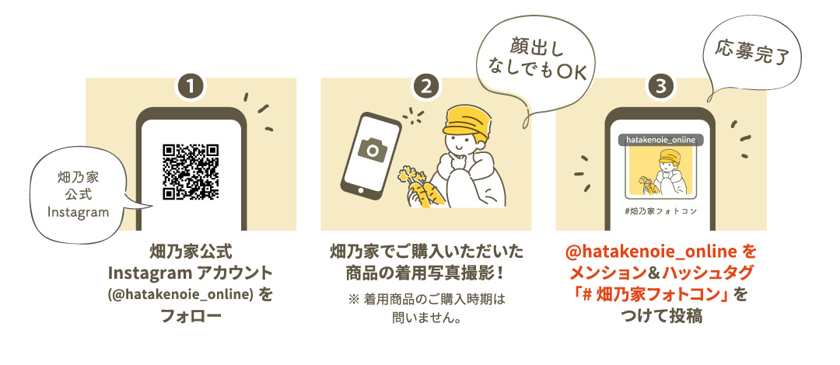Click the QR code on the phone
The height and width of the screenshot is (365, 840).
point(191,172)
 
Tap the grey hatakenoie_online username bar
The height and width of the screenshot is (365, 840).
point(661,140)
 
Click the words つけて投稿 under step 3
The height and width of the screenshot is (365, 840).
point(661,316)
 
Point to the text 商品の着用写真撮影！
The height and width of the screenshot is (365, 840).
point(426,273)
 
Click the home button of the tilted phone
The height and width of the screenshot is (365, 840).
point(355,189)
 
